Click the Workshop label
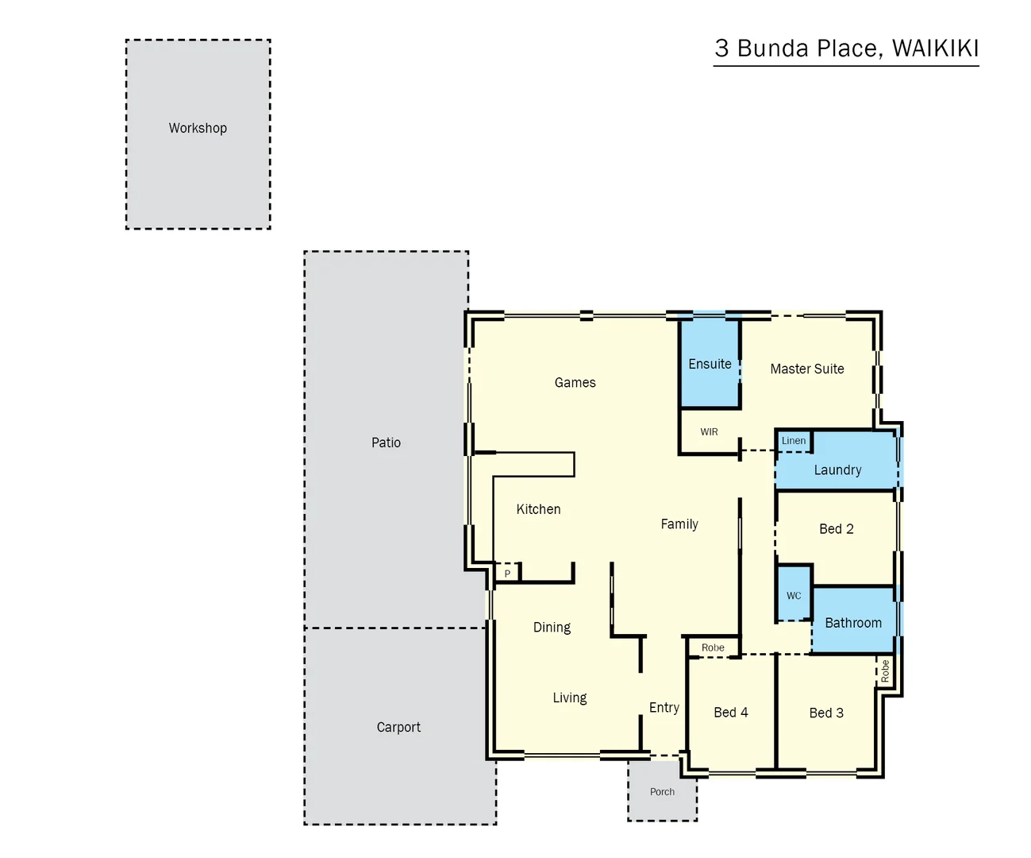click(x=198, y=128)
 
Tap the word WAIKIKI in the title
click(x=935, y=48)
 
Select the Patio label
click(x=386, y=443)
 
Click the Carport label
click(x=398, y=727)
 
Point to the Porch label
click(x=662, y=792)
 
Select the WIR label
click(x=709, y=432)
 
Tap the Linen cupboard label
click(x=793, y=441)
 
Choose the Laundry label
click(x=837, y=470)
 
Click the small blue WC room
click(x=794, y=595)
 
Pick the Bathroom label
click(x=853, y=623)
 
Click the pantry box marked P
click(x=507, y=574)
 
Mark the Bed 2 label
click(x=837, y=529)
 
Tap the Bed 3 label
click(x=826, y=713)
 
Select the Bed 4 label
click(x=730, y=713)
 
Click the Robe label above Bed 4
click(x=713, y=647)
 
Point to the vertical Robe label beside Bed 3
click(x=885, y=671)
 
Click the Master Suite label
click(x=807, y=369)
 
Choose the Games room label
click(x=575, y=383)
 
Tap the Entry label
click(x=664, y=707)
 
